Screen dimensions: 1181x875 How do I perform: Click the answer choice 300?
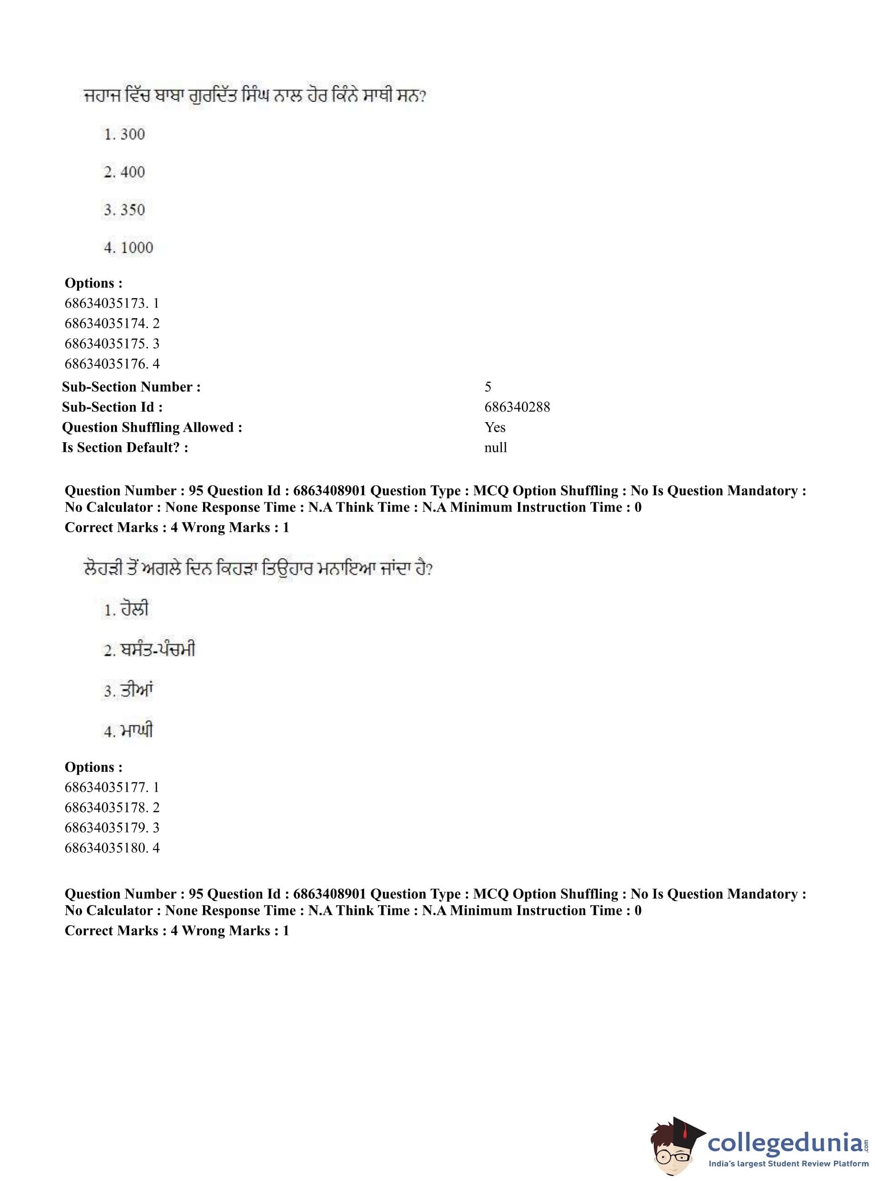coord(124,134)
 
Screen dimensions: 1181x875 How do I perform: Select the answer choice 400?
coord(124,172)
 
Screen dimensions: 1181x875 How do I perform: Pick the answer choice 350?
coord(124,210)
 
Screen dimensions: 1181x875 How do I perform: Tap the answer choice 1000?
coord(129,248)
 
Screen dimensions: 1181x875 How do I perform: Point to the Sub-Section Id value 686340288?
coord(517,407)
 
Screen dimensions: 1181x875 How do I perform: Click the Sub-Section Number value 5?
coord(488,387)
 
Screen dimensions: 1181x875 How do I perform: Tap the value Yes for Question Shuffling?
coord(495,427)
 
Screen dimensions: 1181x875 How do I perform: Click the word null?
coord(495,447)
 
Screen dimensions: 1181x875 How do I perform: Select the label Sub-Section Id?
coord(112,407)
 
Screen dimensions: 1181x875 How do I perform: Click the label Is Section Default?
coord(125,447)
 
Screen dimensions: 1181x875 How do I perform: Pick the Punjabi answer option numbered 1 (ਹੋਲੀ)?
coord(127,610)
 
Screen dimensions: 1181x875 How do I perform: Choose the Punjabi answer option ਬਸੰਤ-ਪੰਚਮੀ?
coord(149,650)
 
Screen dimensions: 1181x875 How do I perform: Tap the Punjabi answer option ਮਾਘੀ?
coord(129,731)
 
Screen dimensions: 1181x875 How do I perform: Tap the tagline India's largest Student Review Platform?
coord(788,1163)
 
